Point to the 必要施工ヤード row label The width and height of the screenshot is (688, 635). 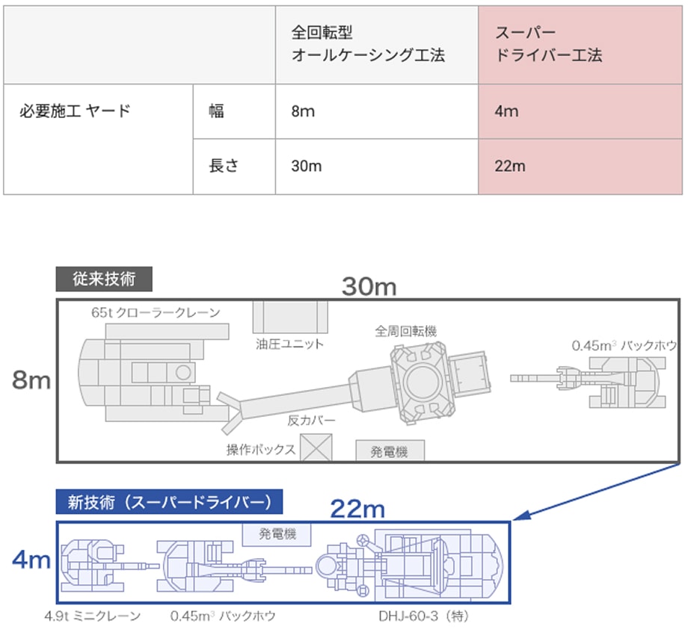[75, 112]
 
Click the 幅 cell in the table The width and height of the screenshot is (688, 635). [216, 112]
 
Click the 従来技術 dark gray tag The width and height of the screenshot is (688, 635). [105, 279]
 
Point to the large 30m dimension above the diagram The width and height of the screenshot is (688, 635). [369, 285]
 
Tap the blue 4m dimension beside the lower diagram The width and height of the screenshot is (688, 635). [31, 560]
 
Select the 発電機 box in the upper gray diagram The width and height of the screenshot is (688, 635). [390, 451]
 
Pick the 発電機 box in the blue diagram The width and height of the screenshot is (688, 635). [277, 534]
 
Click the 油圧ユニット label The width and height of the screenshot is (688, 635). [289, 344]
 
